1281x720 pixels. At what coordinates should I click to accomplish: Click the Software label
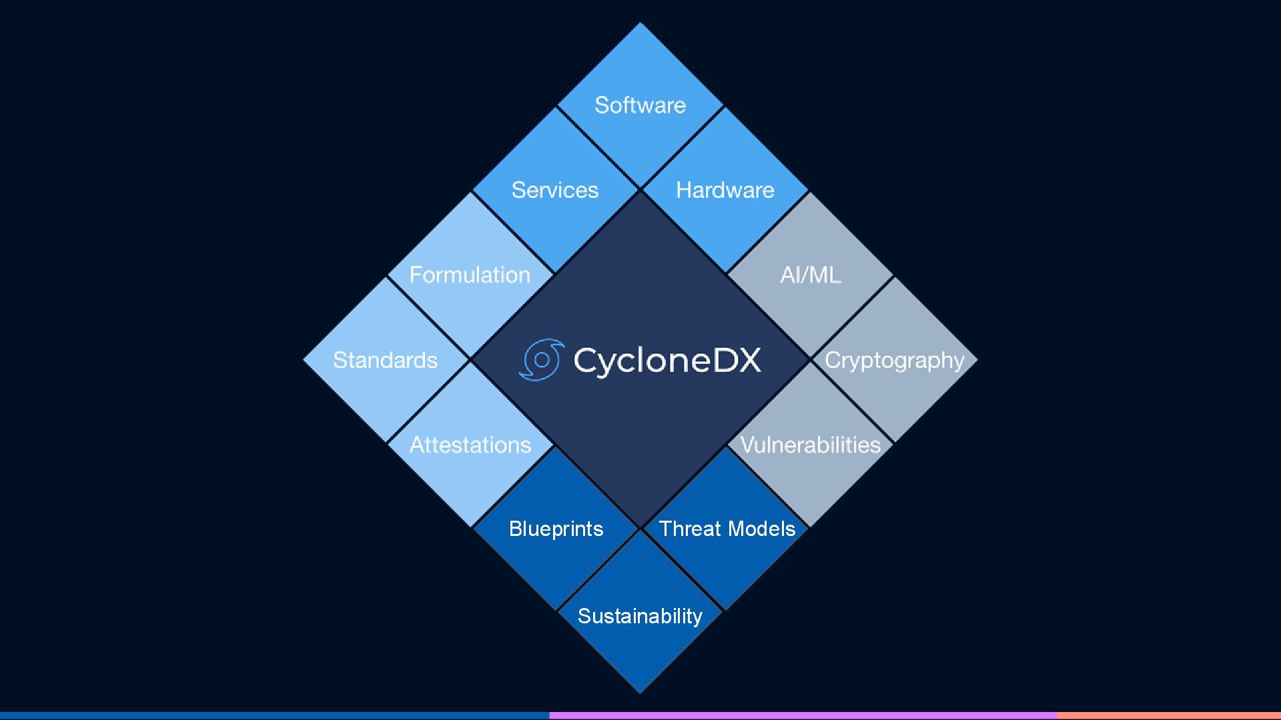click(640, 105)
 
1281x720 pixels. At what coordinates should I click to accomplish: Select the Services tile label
click(554, 190)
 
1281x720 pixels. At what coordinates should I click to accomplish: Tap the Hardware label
click(725, 190)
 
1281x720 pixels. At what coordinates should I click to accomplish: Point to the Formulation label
click(470, 275)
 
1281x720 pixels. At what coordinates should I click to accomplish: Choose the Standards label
click(385, 360)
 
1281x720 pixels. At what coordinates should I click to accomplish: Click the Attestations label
click(470, 445)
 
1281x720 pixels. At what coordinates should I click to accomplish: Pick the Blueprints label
click(556, 529)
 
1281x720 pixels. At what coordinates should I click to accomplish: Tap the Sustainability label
click(640, 616)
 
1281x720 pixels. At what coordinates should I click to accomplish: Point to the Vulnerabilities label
click(810, 445)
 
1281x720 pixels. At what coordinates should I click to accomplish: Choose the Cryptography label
click(895, 360)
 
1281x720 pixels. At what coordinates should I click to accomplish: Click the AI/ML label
click(810, 275)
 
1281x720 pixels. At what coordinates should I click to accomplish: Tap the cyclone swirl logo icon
click(541, 360)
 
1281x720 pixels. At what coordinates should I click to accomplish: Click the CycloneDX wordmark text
click(667, 360)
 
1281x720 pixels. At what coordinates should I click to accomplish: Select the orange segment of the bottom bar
click(1168, 715)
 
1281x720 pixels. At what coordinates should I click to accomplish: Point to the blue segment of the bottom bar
click(274, 715)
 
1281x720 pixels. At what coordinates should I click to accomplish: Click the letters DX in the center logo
click(737, 360)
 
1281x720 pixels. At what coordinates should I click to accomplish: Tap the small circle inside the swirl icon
click(542, 360)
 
